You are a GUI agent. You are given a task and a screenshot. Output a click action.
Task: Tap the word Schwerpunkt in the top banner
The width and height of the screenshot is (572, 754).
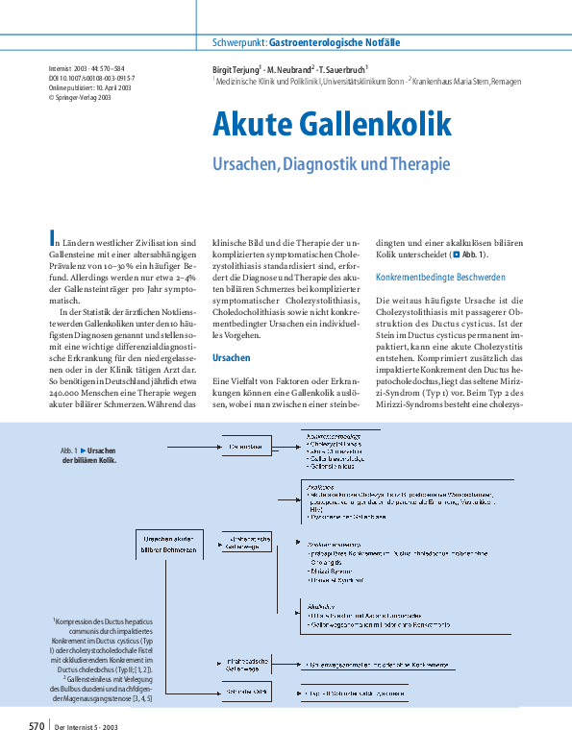237,44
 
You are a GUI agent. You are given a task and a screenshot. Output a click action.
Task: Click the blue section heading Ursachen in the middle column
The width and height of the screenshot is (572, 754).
231,330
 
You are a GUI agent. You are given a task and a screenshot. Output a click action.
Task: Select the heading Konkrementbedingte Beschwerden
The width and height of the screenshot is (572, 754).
428,277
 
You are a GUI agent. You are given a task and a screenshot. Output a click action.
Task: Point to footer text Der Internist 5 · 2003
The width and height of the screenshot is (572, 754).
89,727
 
